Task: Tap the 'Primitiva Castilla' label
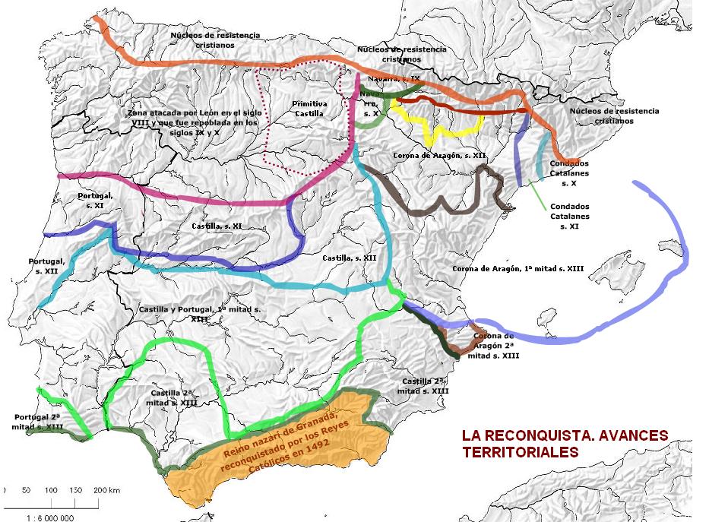pos(310,108)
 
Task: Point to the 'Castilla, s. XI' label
pos(217,226)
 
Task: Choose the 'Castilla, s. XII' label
pos(350,258)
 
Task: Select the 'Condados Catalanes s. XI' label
pos(569,216)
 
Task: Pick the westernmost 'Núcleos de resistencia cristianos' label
pos(215,40)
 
